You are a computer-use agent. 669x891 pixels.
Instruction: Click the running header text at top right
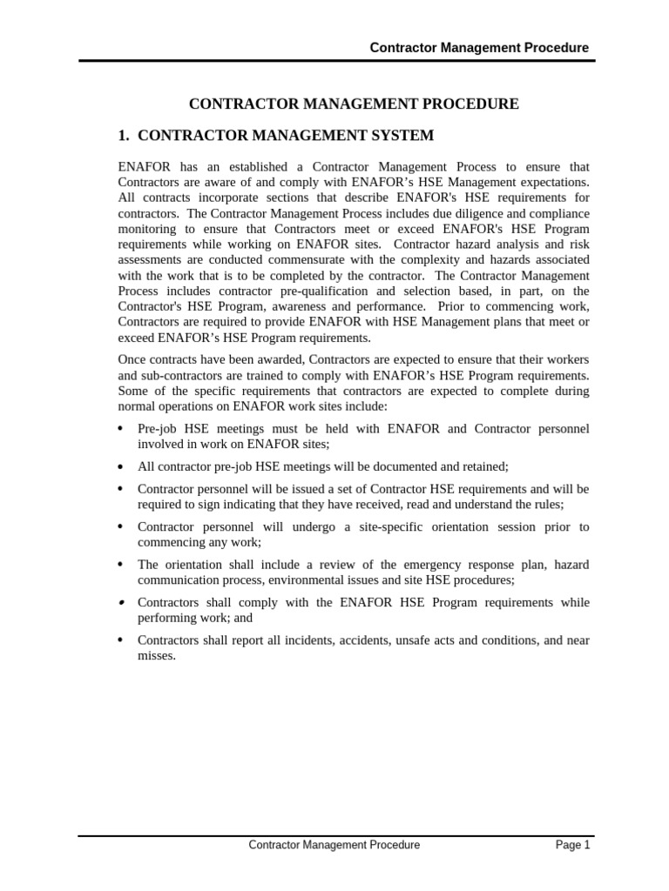coord(479,48)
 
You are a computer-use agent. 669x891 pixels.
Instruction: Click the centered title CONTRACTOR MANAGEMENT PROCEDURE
coord(354,104)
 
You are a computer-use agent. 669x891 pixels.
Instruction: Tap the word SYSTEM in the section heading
coord(397,136)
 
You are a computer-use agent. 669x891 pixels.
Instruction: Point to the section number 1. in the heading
coord(124,136)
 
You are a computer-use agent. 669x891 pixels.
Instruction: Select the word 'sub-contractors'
coord(161,375)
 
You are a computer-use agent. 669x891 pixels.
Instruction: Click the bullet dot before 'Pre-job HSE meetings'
coord(120,429)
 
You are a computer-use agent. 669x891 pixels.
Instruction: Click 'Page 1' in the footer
coord(573,845)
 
